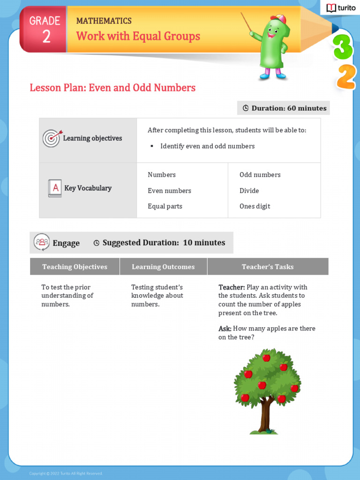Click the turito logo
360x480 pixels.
pyautogui.click(x=340, y=8)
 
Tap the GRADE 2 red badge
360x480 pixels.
pyautogui.click(x=45, y=30)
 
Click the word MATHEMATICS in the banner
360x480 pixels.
pyautogui.click(x=104, y=21)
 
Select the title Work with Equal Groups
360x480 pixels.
pyautogui.click(x=138, y=36)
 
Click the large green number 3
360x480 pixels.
pyautogui.click(x=343, y=48)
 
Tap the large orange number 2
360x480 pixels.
pyautogui.click(x=346, y=77)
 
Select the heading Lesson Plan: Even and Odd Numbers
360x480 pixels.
pyautogui.click(x=112, y=88)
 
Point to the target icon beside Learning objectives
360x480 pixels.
pyautogui.click(x=51, y=138)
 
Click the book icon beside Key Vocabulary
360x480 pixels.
pyautogui.click(x=55, y=188)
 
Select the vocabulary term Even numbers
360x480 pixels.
pyautogui.click(x=169, y=191)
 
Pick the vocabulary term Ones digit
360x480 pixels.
pyautogui.click(x=255, y=206)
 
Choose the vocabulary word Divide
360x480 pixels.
pyautogui.click(x=249, y=191)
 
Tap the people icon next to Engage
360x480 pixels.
pyautogui.click(x=42, y=242)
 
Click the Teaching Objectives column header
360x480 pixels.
pyautogui.click(x=75, y=267)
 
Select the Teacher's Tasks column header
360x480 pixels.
pyautogui.click(x=268, y=267)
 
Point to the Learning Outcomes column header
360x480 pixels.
pyautogui.click(x=163, y=267)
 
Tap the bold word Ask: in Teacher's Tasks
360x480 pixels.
pyautogui.click(x=225, y=329)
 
